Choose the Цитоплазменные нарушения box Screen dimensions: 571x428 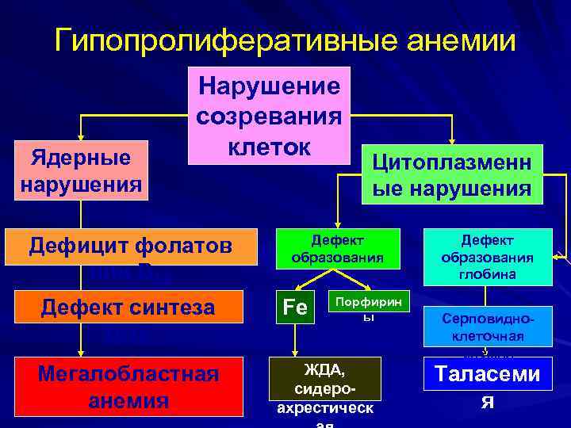(x=452, y=174)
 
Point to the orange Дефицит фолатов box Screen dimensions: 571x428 (x=131, y=246)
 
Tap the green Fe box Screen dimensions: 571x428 (x=294, y=307)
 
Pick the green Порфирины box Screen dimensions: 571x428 (x=367, y=307)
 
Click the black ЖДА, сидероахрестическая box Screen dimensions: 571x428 (x=325, y=388)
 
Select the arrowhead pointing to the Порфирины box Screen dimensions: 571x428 (x=366, y=288)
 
